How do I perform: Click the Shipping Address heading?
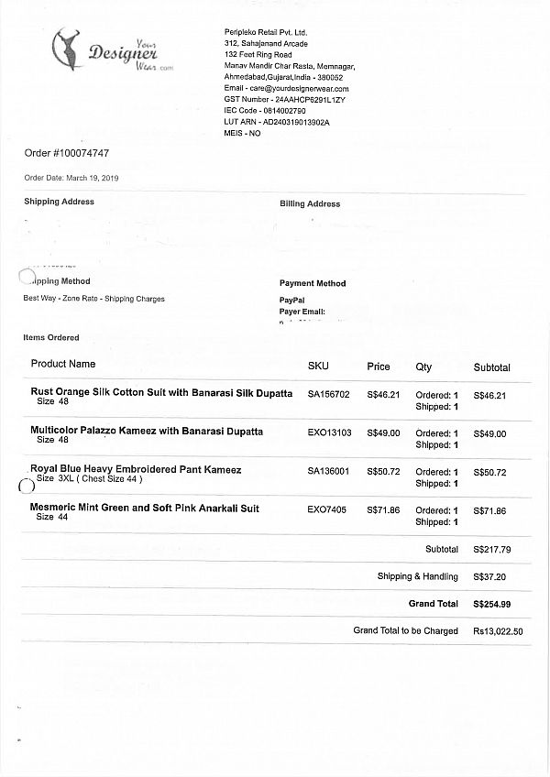[x=59, y=202]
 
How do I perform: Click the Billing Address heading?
[x=310, y=204]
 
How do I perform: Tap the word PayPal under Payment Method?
[x=291, y=301]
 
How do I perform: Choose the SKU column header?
[x=318, y=367]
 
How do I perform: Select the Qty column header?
[x=423, y=367]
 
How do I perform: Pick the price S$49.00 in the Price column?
[x=383, y=433]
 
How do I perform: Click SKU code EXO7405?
[x=327, y=509]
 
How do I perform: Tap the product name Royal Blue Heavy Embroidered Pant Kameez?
[x=136, y=470]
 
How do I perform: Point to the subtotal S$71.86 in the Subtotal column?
[x=489, y=509]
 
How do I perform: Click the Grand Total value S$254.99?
[x=491, y=605]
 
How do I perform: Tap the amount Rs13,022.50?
[x=498, y=631]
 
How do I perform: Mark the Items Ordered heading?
[x=51, y=338]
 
